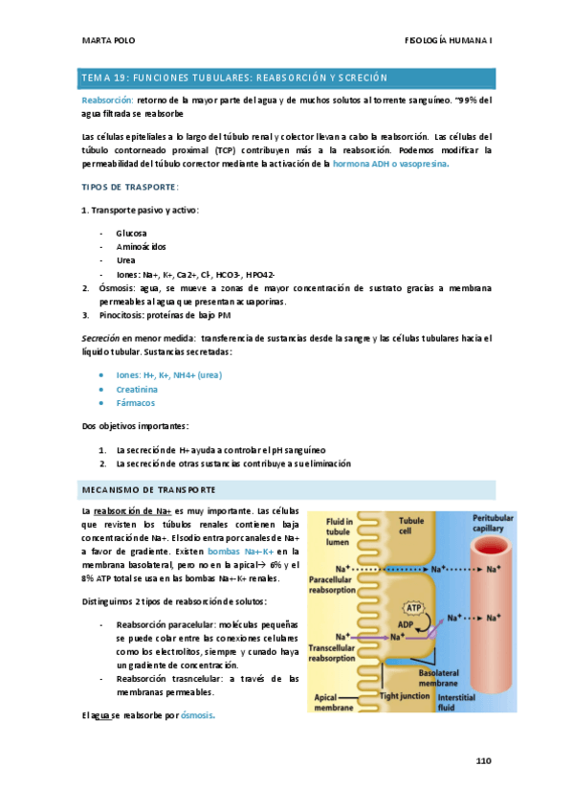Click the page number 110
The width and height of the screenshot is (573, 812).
click(x=483, y=761)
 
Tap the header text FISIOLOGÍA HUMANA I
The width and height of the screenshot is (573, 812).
click(x=448, y=41)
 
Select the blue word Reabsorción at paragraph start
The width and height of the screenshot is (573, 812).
click(x=106, y=99)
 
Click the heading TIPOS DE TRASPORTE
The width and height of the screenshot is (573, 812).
click(x=129, y=186)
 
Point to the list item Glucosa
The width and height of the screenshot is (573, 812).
click(x=131, y=233)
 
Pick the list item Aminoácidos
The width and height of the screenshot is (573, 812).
click(x=140, y=246)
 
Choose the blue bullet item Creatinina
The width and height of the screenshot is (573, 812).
click(x=137, y=390)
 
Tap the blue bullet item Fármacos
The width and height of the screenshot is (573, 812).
click(x=135, y=403)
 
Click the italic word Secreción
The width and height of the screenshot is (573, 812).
click(x=99, y=338)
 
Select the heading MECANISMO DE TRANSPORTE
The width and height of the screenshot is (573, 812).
click(x=149, y=489)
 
